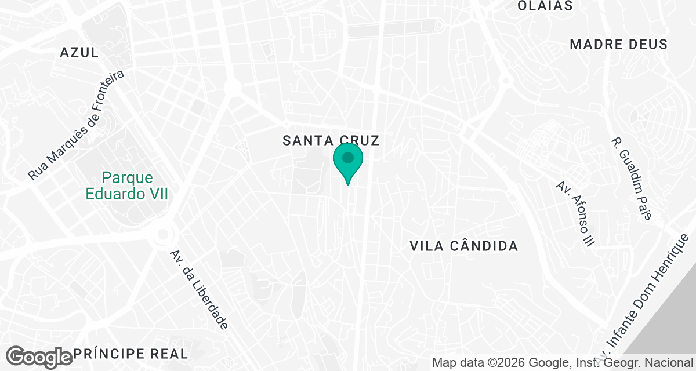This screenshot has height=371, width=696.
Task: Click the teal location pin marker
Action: (348, 162)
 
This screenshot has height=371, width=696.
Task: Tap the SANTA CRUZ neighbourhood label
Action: (331, 140)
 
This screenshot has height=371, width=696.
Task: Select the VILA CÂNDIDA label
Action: (463, 246)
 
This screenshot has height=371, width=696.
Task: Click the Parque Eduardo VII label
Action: (127, 185)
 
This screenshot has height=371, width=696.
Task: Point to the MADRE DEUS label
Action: (618, 45)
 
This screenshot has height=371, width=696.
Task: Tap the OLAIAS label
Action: (545, 6)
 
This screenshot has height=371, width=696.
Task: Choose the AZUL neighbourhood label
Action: (79, 53)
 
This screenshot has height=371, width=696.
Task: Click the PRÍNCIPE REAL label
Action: (130, 354)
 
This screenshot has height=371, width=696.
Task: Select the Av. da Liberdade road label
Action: (199, 289)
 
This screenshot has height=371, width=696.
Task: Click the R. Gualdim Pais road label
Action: (632, 179)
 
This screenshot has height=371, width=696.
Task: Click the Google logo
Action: (39, 357)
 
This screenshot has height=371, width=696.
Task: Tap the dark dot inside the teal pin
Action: (348, 157)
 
